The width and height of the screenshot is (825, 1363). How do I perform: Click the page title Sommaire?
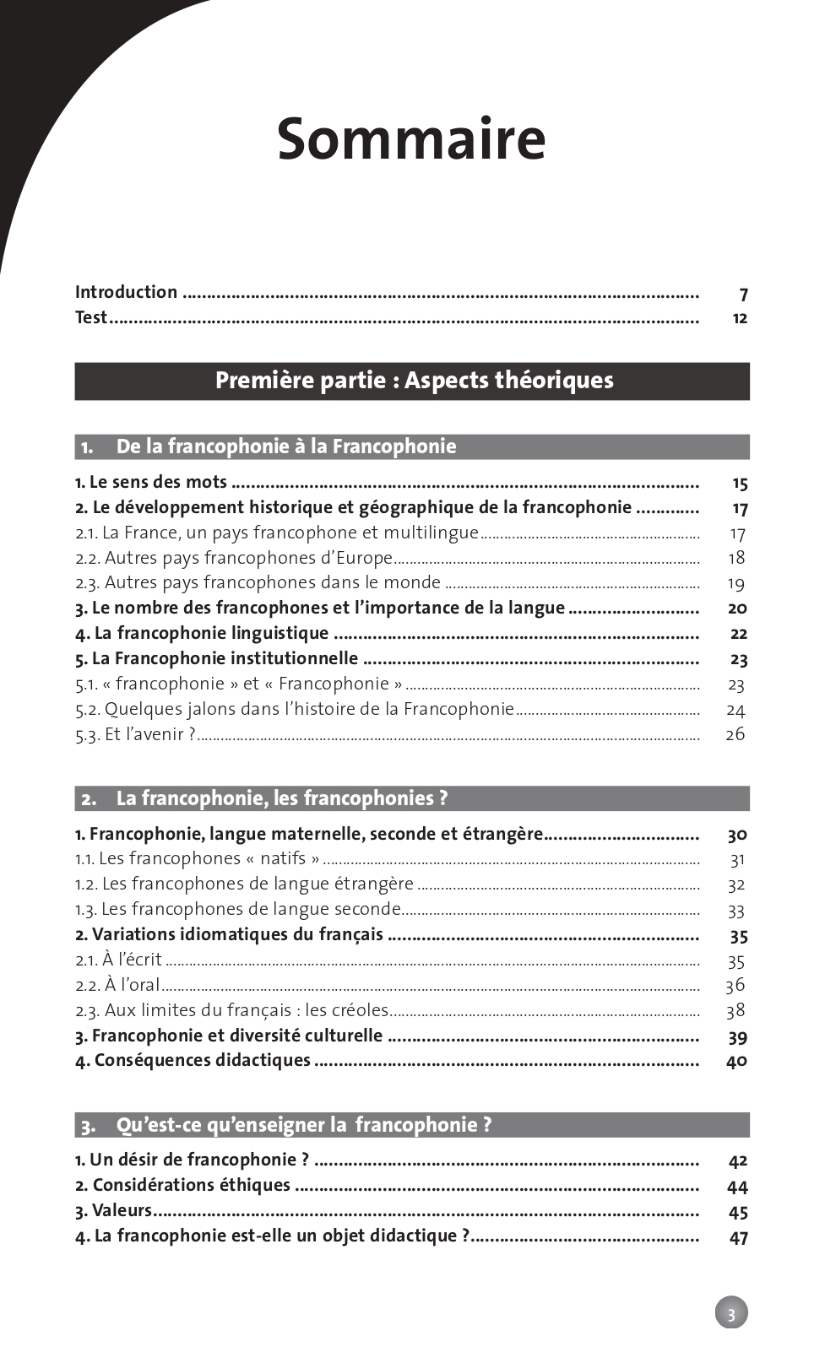point(411,139)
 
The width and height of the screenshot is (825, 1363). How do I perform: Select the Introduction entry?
point(126,292)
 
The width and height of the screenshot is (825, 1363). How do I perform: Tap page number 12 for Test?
point(740,318)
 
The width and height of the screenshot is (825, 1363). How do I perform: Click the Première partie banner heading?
point(414,381)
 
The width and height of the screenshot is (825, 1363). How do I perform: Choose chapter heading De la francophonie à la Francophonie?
point(285,446)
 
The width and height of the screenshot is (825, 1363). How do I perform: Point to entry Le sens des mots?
point(151,482)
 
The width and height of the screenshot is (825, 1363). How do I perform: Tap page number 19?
point(735,583)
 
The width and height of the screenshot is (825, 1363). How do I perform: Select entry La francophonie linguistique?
point(202,633)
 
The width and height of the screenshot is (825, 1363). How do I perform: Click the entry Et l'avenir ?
point(135,734)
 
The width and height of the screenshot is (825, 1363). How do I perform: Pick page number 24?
point(735,710)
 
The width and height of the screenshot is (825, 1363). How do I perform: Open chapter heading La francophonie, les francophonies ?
point(281,798)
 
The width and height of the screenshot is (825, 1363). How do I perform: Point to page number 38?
point(735,1010)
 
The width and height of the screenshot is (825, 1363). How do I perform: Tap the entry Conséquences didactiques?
point(193,1061)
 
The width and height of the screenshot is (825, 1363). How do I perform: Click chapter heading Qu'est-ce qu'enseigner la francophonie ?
point(303,1125)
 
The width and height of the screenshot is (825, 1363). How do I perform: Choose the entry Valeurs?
point(113,1210)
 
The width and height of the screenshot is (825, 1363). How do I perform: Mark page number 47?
point(738,1238)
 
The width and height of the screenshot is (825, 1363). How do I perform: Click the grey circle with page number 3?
point(731,1312)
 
